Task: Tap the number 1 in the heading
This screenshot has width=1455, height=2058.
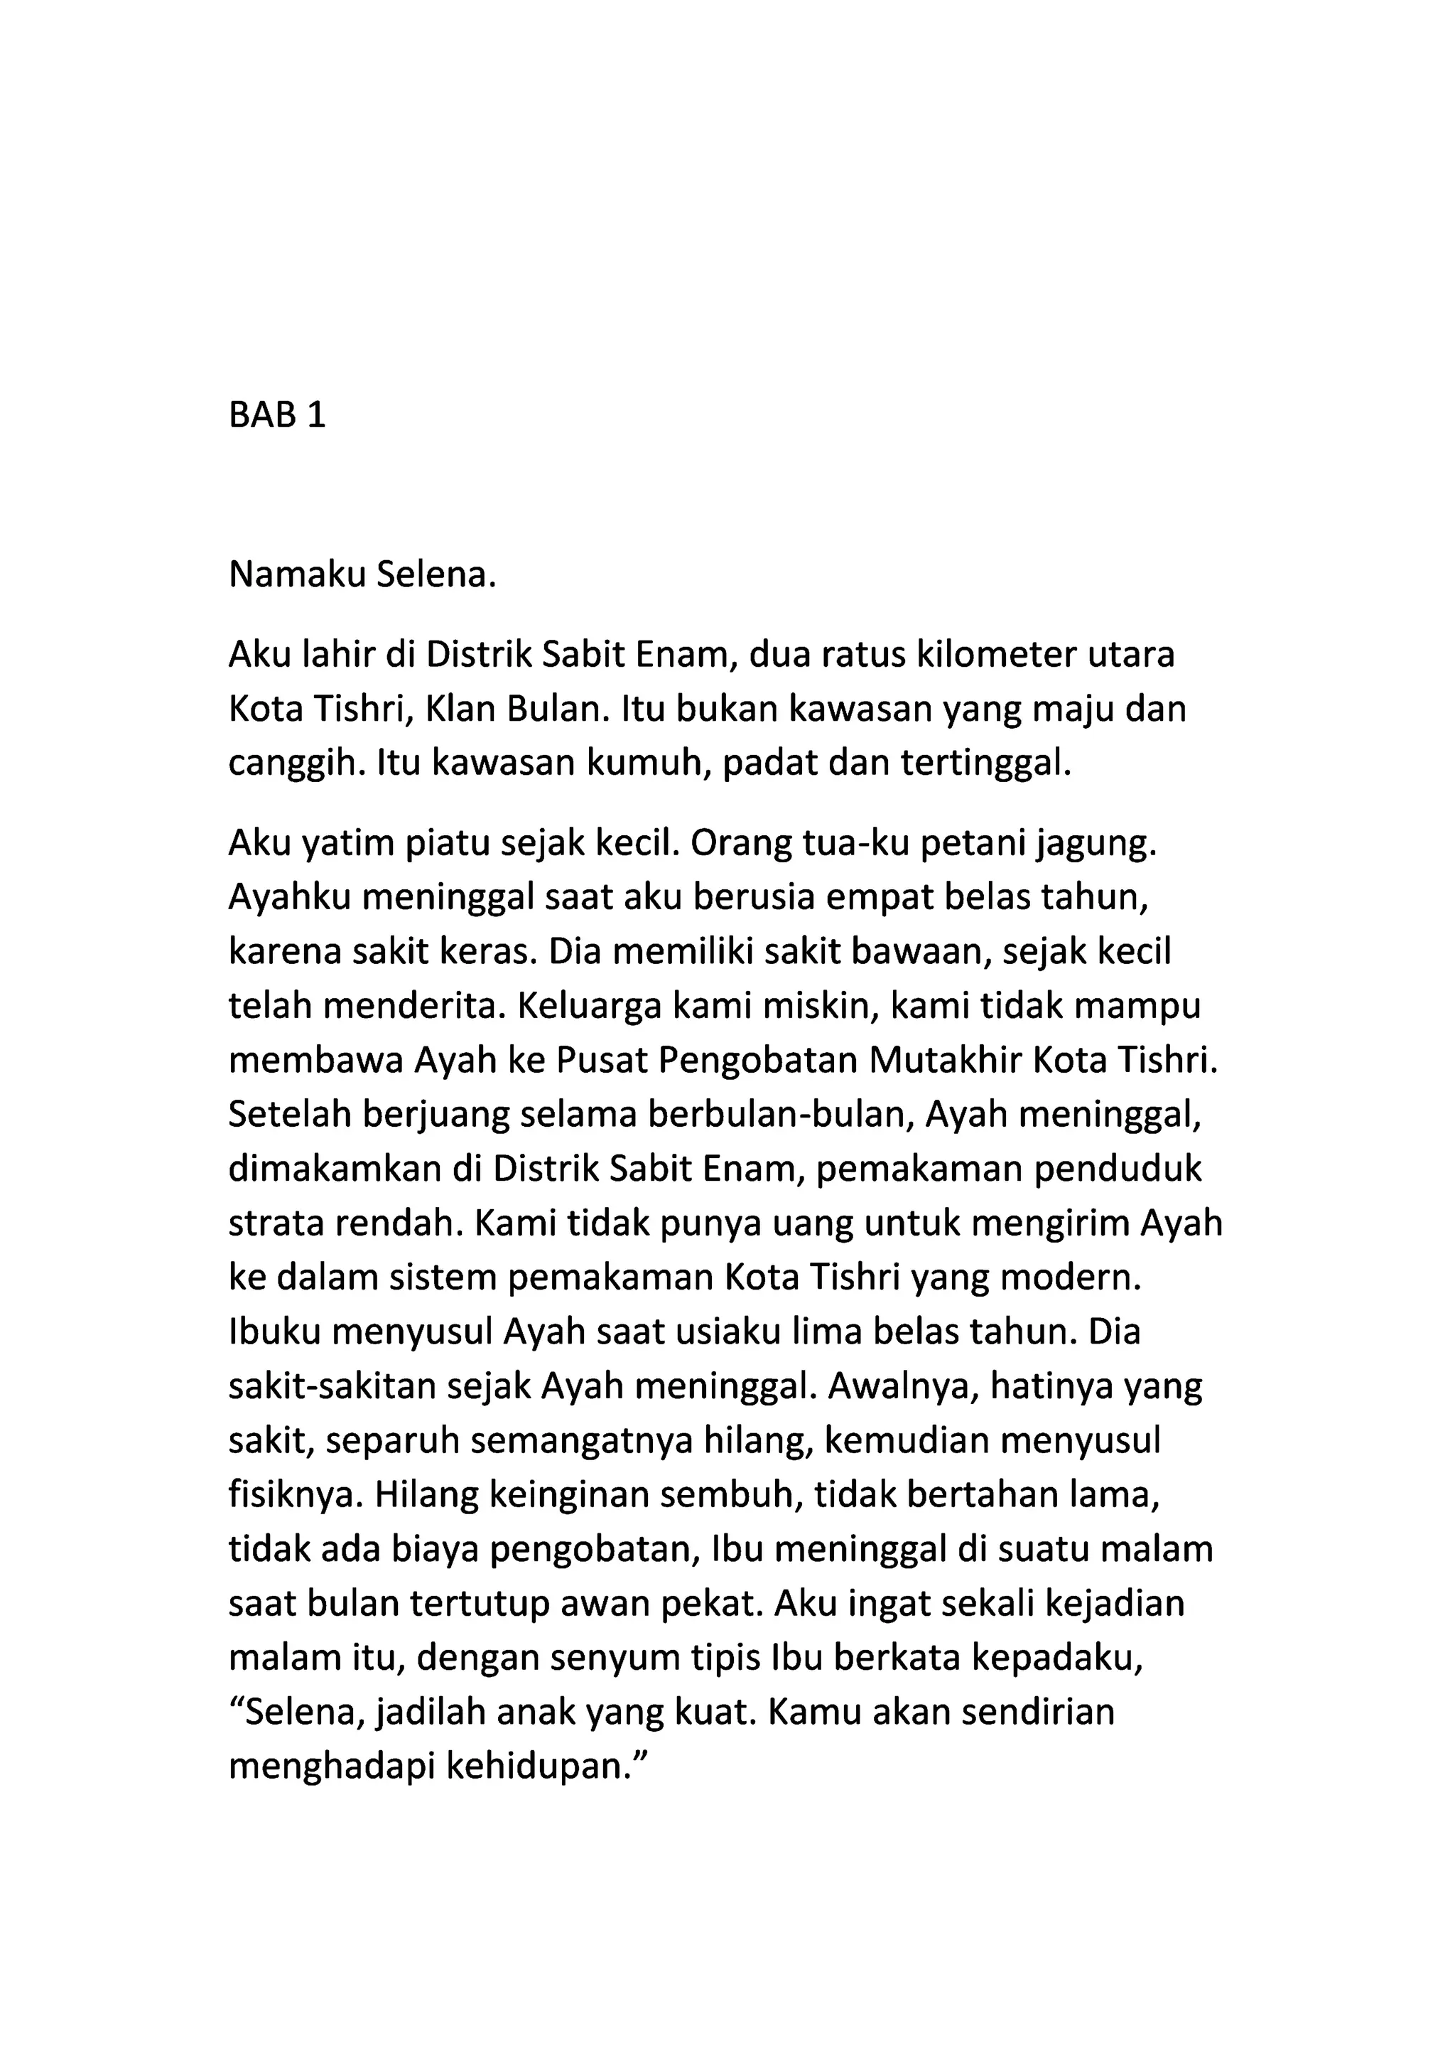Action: point(315,416)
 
